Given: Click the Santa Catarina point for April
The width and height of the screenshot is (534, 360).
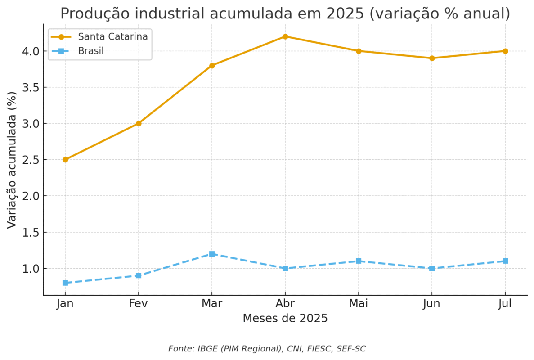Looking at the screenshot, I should point(285,36).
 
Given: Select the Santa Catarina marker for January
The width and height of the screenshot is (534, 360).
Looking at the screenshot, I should point(65,160).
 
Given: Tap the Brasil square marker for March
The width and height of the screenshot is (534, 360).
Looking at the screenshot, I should point(212,254).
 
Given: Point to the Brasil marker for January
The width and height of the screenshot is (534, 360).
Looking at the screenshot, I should point(65,283).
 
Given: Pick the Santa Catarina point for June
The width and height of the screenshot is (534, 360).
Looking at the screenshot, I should point(432,58).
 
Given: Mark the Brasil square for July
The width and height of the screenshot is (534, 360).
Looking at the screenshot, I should point(505,261).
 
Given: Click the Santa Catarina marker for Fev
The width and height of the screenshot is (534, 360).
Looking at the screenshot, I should point(139,123).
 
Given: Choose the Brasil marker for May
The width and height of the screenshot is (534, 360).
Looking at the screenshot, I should point(359,261).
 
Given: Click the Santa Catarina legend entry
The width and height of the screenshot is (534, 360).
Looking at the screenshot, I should point(112,37).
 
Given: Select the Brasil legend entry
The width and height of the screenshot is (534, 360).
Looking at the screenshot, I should point(90,51).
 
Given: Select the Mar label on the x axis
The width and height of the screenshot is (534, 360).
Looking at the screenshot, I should point(212,304).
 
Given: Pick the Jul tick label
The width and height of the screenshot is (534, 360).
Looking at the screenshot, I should point(505,304).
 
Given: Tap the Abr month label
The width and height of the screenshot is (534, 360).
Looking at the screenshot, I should point(285,304).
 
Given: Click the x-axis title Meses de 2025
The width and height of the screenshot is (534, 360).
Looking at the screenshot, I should point(285,319).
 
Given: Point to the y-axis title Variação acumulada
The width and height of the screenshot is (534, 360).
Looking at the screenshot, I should point(12,160).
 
